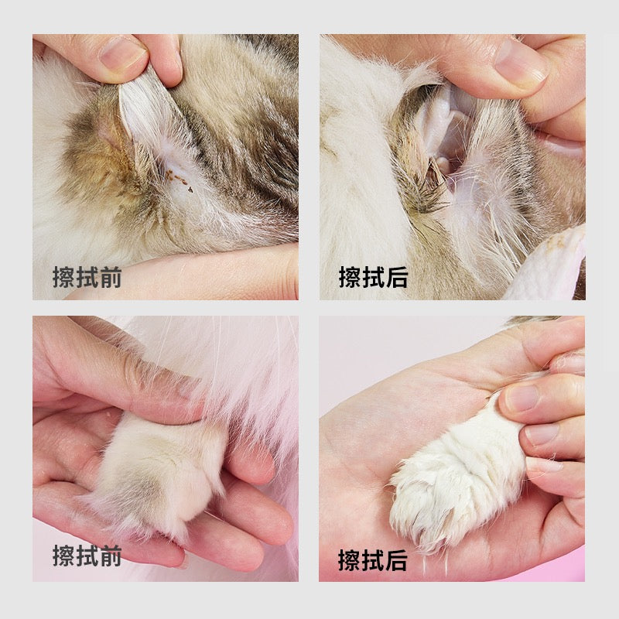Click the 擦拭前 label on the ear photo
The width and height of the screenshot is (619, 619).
point(87,277)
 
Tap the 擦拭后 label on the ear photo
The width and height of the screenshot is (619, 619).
point(373,277)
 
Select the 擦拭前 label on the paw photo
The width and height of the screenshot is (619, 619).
point(87,556)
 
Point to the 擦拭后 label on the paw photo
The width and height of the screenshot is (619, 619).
point(373,559)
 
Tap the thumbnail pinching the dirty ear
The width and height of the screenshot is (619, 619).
point(121,53)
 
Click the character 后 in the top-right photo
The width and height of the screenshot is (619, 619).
point(397,277)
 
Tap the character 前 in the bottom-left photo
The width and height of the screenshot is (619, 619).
point(111,556)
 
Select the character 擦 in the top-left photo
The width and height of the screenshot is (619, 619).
point(63,277)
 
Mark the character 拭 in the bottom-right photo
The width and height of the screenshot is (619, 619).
point(373,559)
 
